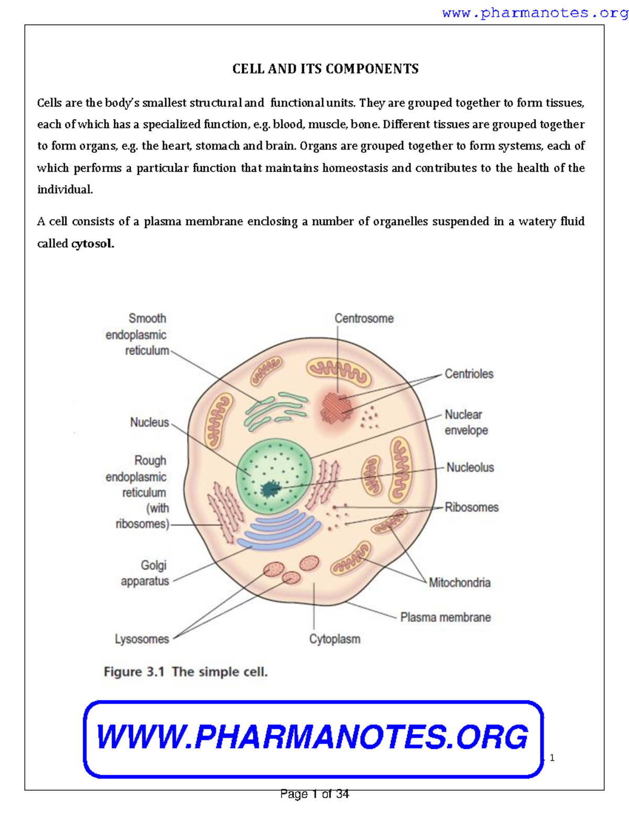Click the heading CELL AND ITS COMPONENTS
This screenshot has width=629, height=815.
325,69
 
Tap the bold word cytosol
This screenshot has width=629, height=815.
92,244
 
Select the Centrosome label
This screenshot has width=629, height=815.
364,319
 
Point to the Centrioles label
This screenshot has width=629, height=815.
469,374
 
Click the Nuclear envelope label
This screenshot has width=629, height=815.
466,422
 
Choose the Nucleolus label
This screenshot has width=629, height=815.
470,467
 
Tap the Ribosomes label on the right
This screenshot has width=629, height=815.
471,507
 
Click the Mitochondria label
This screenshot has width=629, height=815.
459,583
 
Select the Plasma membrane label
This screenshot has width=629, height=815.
445,617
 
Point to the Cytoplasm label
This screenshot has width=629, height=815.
334,639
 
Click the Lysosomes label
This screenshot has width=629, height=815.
142,639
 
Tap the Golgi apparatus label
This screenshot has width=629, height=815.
146,573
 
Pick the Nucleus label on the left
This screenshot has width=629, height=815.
149,422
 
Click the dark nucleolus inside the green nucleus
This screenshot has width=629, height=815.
270,489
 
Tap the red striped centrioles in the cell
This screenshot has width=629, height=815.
336,407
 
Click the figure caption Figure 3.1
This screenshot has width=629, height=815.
186,672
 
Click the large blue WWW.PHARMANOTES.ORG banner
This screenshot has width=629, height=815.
313,738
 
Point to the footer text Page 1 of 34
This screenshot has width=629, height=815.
314,794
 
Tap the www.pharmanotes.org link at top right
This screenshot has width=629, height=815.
535,13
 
